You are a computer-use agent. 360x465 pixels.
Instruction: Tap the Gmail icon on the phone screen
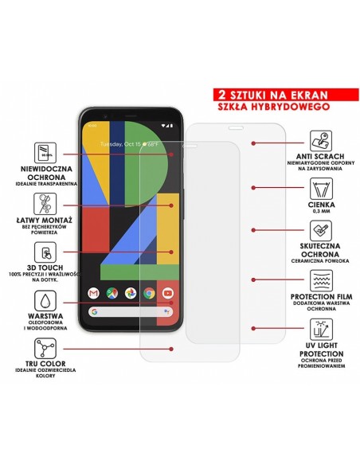click(x=93, y=292)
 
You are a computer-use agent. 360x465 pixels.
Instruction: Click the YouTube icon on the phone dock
click(x=167, y=292)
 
